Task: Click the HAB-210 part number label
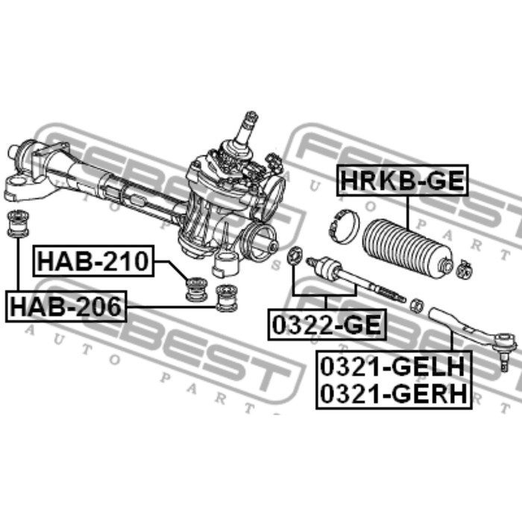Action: point(93,262)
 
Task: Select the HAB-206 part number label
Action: point(66,306)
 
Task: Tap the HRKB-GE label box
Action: point(403,180)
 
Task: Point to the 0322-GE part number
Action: point(327,325)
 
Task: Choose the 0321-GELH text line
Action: point(394,366)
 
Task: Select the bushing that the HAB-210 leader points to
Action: point(196,288)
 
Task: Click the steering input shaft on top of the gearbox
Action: point(249,130)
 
